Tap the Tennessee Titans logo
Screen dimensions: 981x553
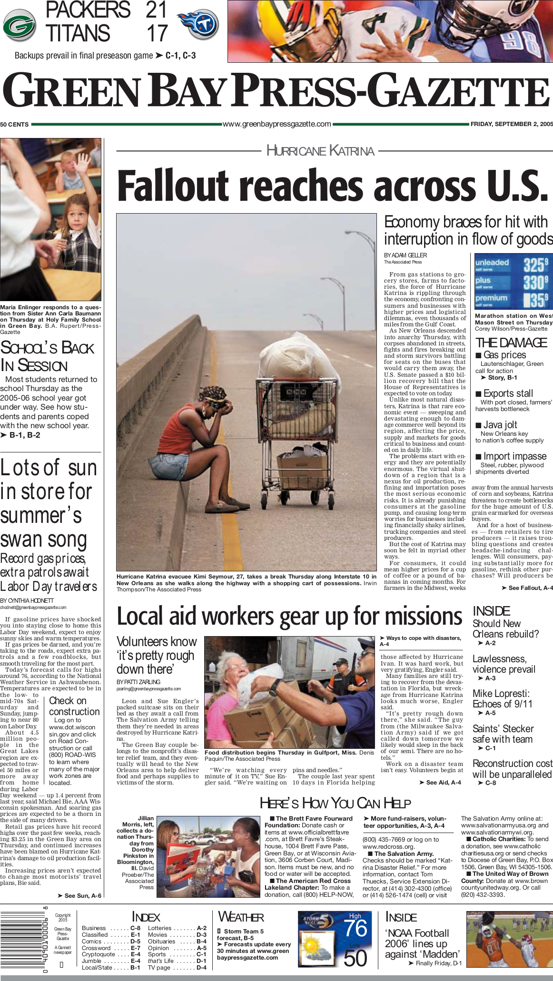(198, 25)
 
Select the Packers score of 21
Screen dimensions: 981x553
(156, 10)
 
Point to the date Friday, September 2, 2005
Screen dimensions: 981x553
(512, 124)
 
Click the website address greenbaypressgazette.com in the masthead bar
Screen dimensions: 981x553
(277, 124)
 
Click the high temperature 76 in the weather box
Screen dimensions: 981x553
(355, 928)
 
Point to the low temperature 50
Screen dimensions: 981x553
(355, 957)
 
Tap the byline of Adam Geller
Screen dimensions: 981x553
(405, 255)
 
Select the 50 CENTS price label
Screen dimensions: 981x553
(14, 125)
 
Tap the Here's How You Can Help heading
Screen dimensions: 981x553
(335, 804)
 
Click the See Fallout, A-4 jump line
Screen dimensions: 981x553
(527, 588)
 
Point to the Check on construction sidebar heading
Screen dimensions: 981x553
(74, 706)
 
